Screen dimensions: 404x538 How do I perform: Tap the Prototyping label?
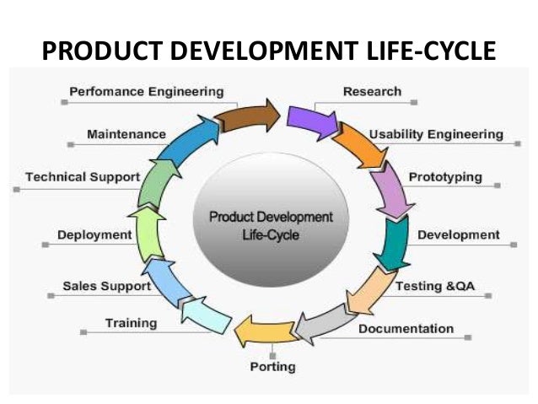(x=445, y=177)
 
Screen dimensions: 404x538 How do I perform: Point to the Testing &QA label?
(x=435, y=286)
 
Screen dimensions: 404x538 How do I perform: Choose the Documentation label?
(x=406, y=328)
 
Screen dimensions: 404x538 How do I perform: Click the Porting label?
(x=272, y=368)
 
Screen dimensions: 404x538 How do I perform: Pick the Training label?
(x=131, y=323)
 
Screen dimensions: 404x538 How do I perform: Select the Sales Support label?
(x=106, y=286)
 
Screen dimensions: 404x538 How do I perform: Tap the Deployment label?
(x=94, y=234)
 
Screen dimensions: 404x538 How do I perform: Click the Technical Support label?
(x=82, y=177)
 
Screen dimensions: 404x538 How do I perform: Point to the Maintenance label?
(x=126, y=134)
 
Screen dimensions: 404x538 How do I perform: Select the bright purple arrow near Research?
(x=310, y=120)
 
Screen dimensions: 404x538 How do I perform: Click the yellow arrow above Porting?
(x=260, y=329)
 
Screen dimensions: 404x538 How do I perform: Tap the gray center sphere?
(x=270, y=224)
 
